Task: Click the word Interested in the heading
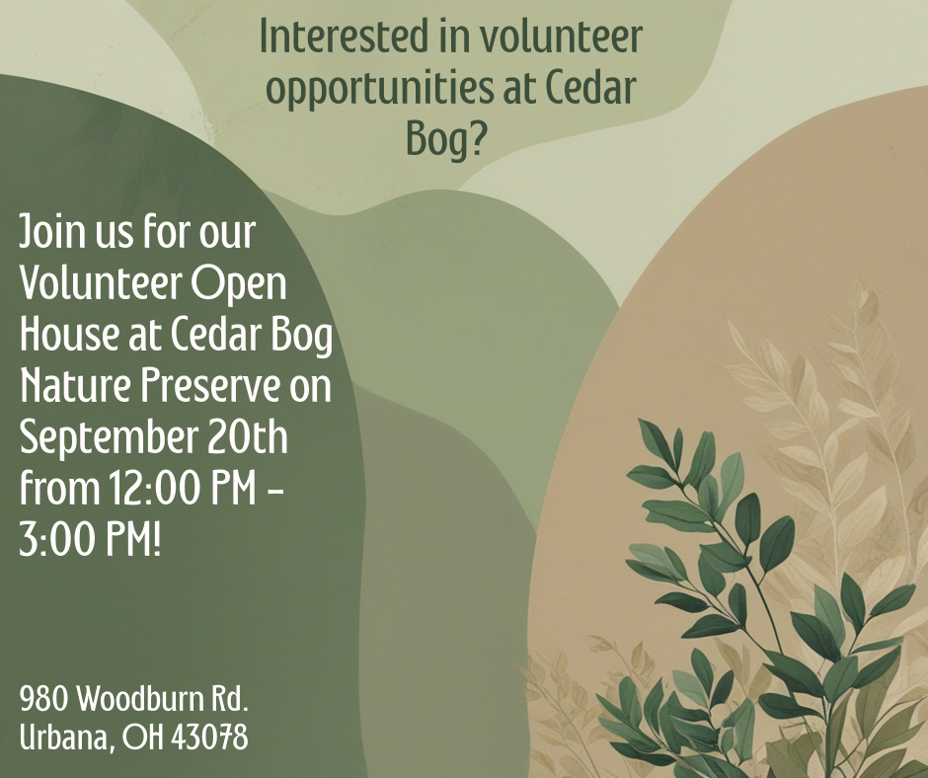(344, 37)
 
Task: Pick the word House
(69, 335)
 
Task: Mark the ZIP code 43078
(209, 738)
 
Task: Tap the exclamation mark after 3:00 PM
(156, 540)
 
